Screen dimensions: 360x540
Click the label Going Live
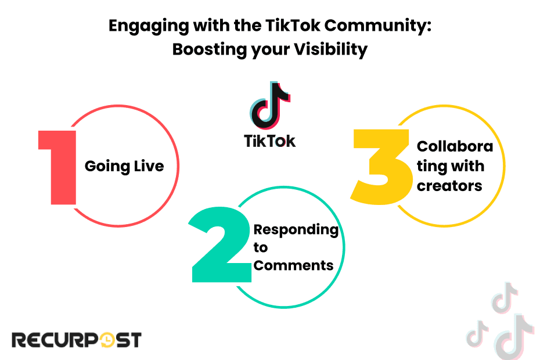pos(124,167)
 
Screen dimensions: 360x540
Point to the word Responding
pos(296,229)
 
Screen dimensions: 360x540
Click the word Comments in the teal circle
pos(294,266)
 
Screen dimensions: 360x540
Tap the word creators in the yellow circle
pos(449,186)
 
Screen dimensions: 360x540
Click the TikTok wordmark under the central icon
pos(269,141)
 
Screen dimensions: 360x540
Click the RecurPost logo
pos(76,340)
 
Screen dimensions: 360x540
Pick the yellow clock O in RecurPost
pos(107,340)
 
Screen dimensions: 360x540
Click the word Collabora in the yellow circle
pos(455,146)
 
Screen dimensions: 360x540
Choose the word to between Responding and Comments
pos(261,248)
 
